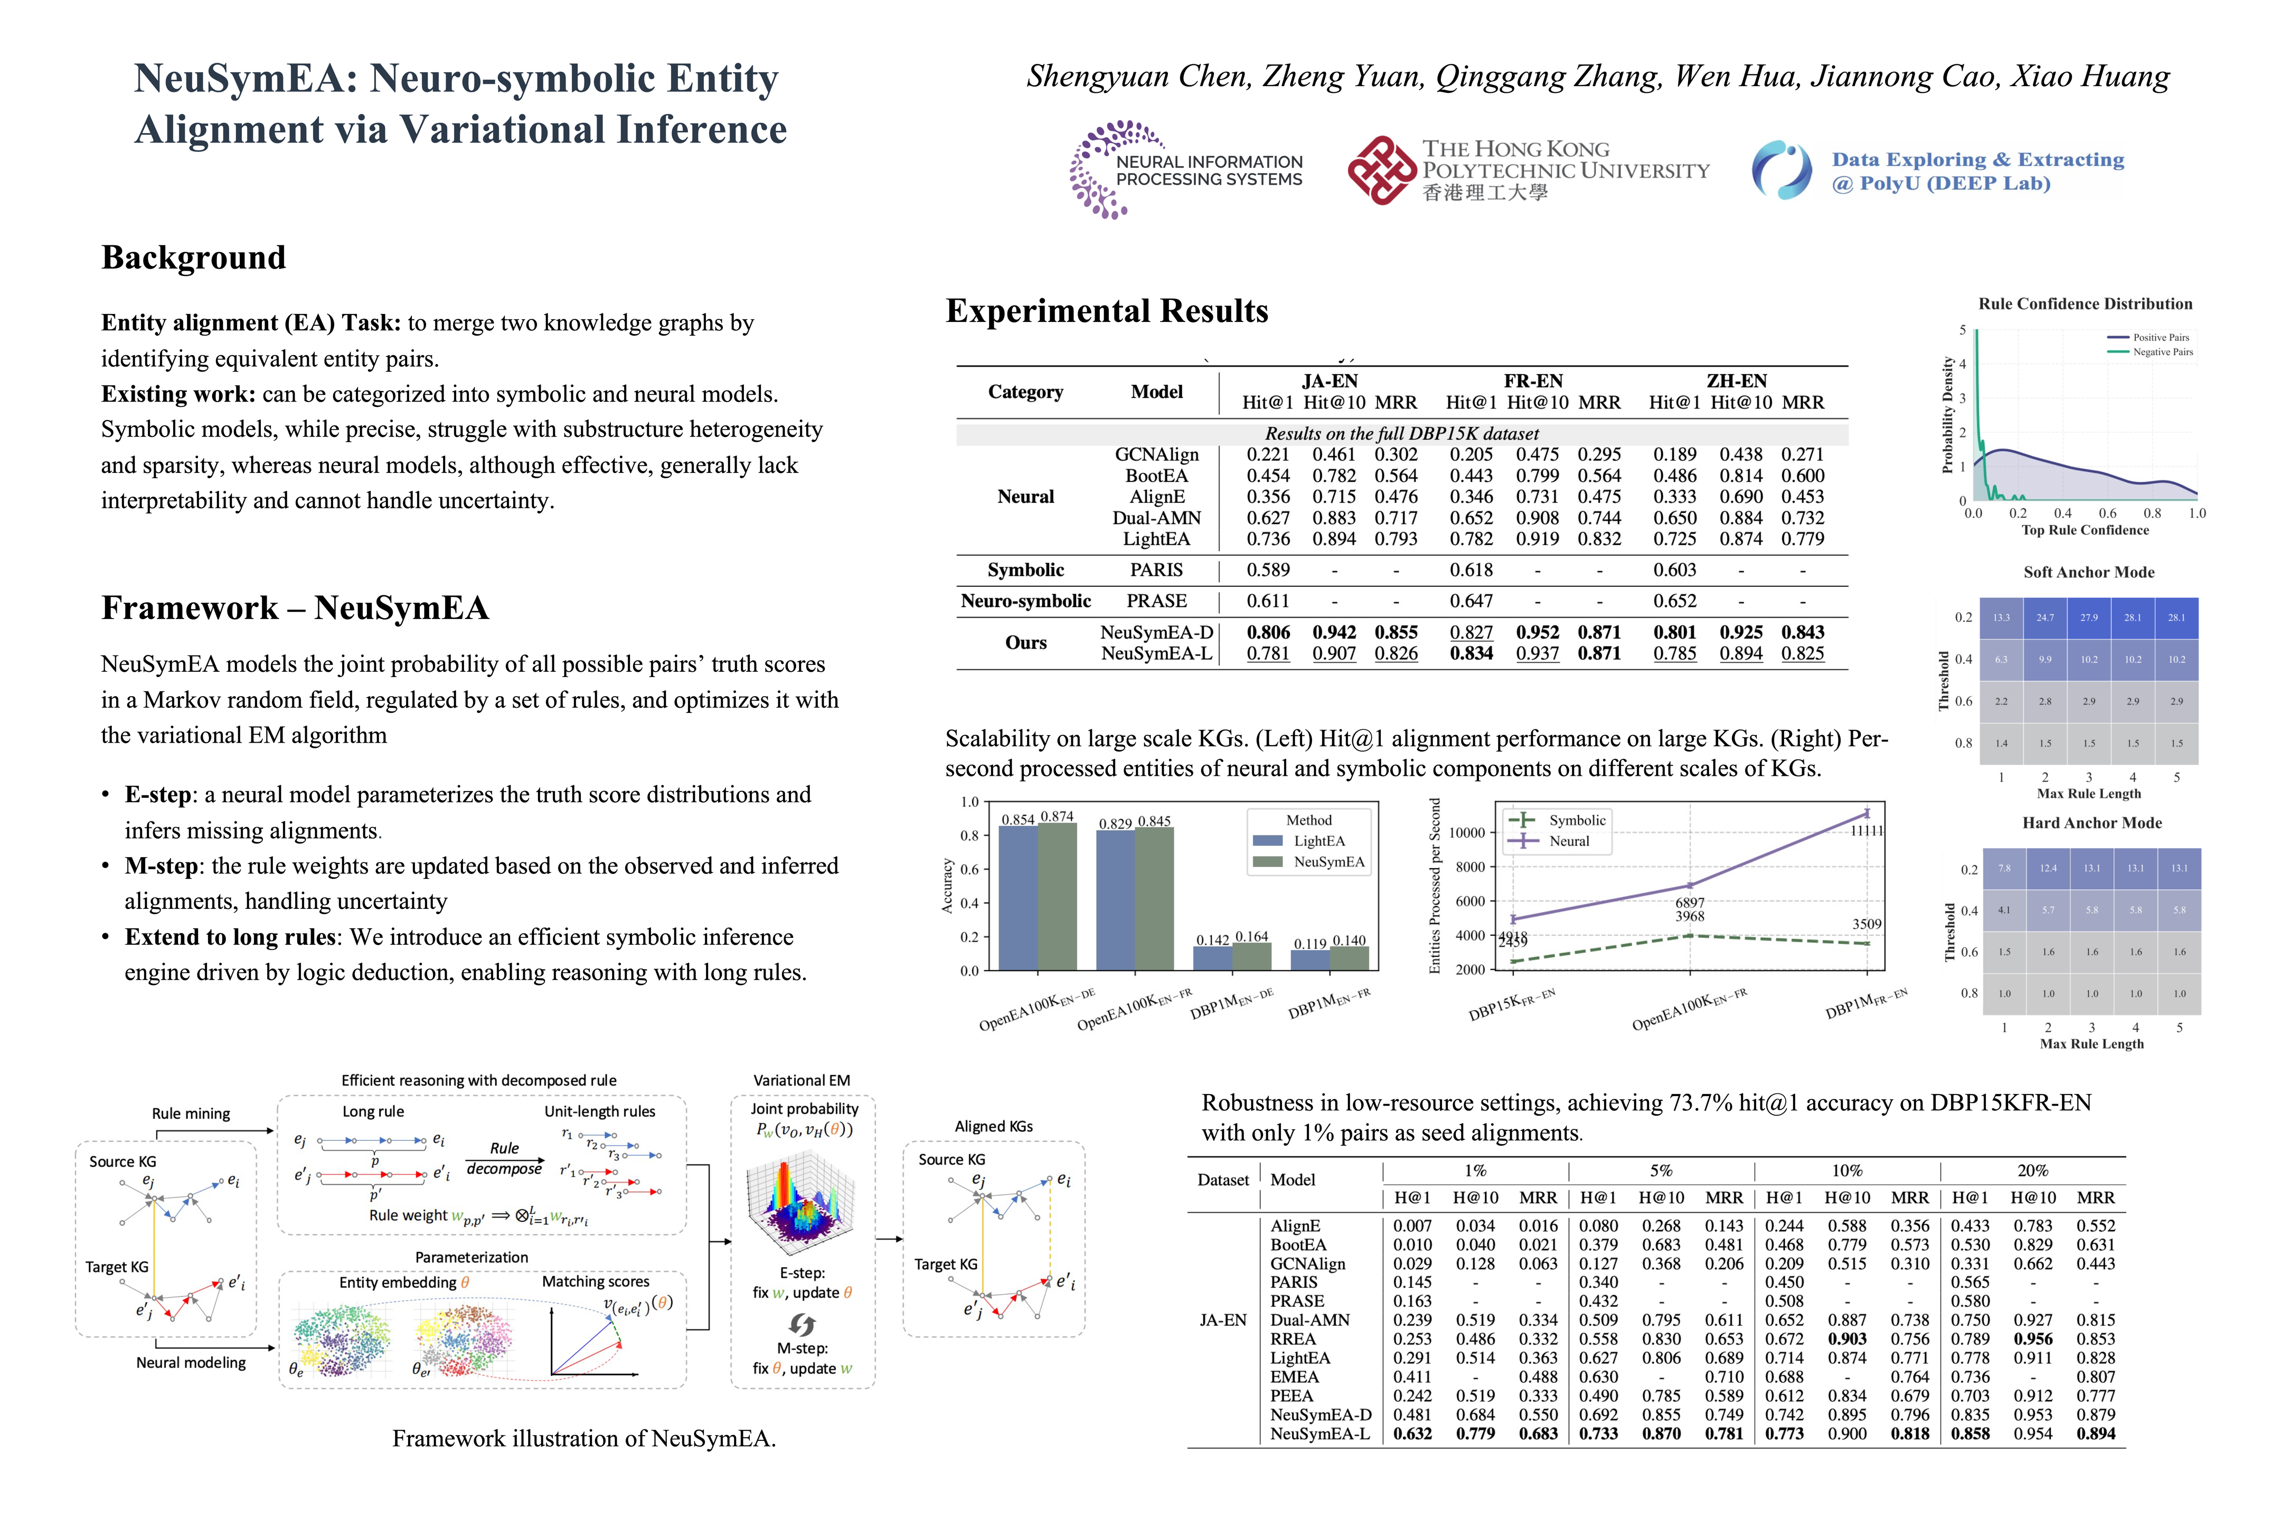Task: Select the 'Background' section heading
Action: coord(193,258)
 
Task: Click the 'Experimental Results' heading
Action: coord(1107,311)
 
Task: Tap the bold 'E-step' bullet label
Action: coord(157,795)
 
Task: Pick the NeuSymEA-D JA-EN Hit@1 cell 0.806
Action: coord(1268,632)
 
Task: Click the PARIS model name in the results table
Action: coord(1156,570)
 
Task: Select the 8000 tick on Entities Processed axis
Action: coord(1470,867)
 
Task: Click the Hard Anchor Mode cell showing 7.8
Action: coord(2004,869)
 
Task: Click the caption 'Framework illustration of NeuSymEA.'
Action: coord(584,1439)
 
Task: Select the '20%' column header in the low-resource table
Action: coord(2033,1171)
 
